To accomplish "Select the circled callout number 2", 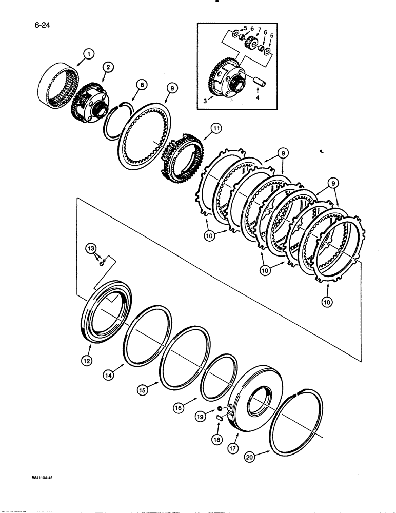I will coord(108,66).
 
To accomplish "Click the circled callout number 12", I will coord(86,361).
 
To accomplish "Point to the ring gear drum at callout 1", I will coord(56,83).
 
